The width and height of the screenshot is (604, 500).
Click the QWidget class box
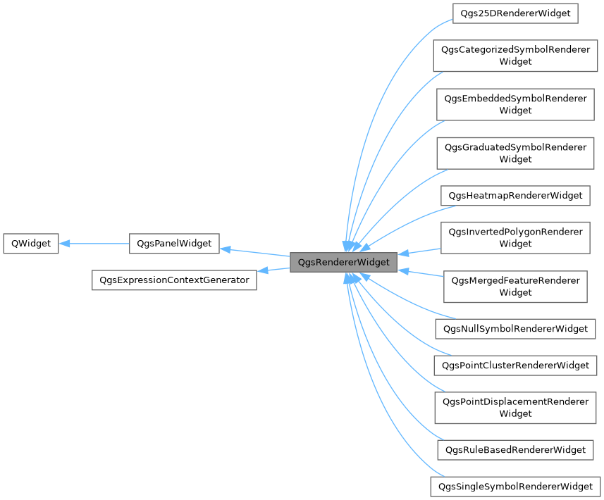coord(31,244)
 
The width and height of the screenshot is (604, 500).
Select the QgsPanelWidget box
coord(174,244)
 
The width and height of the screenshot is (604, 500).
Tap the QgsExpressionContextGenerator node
coord(174,280)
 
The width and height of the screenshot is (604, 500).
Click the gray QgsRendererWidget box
coord(343,262)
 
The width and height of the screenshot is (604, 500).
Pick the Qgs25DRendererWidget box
coord(514,13)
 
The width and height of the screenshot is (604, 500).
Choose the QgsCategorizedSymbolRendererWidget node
coord(515,56)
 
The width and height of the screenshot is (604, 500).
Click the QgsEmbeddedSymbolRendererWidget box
coord(515,104)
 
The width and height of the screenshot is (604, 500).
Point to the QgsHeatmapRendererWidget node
coord(515,195)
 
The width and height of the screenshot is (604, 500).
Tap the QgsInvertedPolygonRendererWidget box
coord(515,238)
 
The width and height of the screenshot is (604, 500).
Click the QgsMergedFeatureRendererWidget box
coord(515,287)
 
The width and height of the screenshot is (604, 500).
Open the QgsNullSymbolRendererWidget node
coord(515,329)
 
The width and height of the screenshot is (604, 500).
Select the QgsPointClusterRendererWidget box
coord(515,365)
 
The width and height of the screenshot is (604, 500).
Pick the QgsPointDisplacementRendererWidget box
coord(515,408)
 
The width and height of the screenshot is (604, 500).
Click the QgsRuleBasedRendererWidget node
coord(515,449)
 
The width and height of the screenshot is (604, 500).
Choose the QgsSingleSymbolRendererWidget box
coord(515,487)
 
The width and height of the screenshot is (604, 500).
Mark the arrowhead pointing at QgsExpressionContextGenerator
coord(262,270)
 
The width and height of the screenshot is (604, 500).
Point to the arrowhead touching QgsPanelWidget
coord(226,249)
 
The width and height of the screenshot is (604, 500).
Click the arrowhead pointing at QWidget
coord(64,244)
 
